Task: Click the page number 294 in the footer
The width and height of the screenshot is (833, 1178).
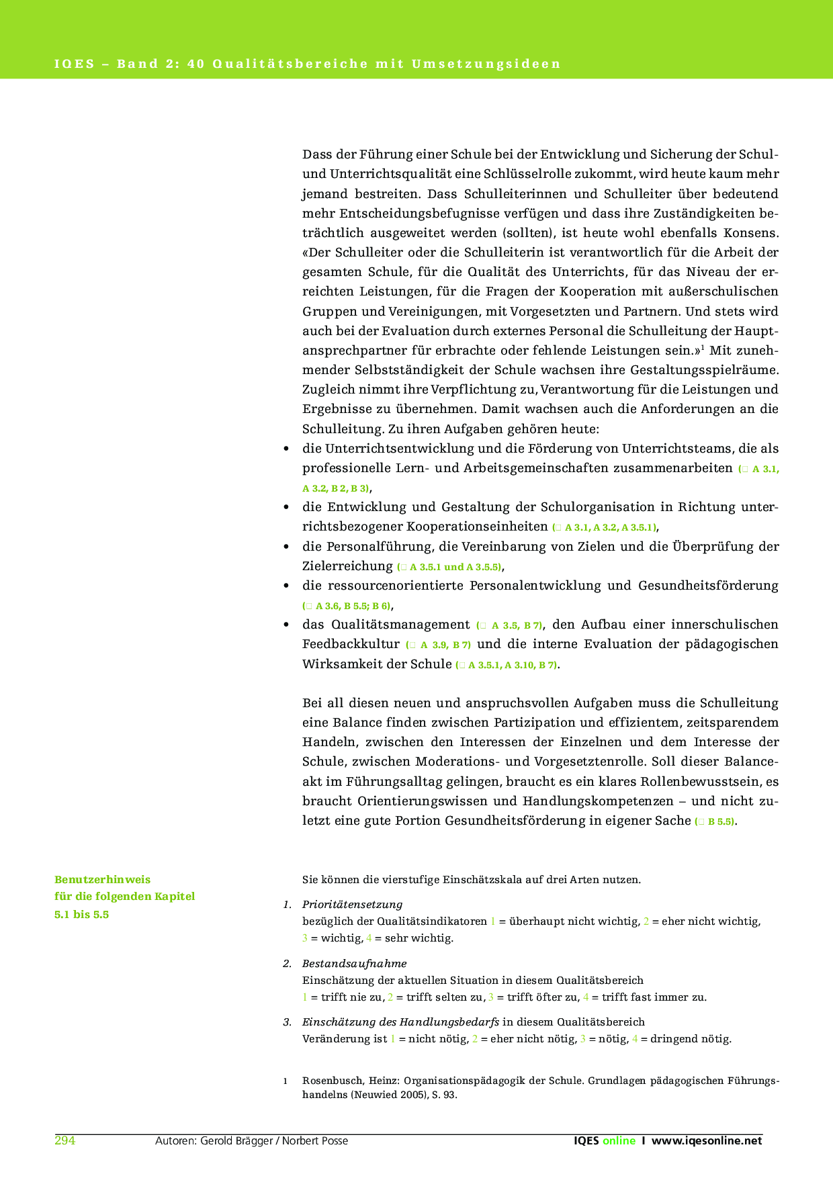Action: [x=64, y=1140]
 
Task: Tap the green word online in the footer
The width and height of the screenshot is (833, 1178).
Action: [x=619, y=1140]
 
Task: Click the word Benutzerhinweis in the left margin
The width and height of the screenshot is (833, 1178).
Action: [x=102, y=879]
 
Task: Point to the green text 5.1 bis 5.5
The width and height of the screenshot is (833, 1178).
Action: [x=81, y=914]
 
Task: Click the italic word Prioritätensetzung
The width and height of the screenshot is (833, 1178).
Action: [x=352, y=904]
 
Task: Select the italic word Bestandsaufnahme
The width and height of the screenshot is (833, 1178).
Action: [x=354, y=963]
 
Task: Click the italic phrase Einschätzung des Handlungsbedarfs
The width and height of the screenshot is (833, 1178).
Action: [x=400, y=1022]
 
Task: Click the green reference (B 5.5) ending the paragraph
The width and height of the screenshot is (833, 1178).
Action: [x=715, y=821]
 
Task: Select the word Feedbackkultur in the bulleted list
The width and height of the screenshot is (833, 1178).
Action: [x=351, y=644]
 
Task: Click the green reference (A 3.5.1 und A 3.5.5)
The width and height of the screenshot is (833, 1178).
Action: [x=450, y=567]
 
